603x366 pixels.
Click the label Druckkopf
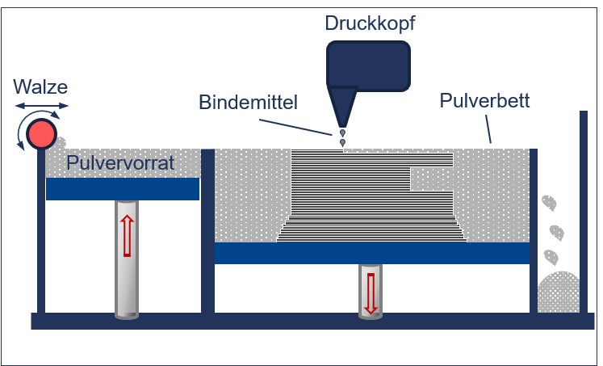pos(370,23)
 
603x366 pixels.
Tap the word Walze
pos(40,86)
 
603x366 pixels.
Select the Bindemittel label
pos(248,103)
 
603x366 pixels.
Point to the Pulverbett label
pos(484,101)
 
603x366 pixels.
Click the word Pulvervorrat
pos(120,162)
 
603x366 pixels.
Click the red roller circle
pos(41,134)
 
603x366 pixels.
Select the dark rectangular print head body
pos(368,65)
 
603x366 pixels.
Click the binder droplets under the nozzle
pos(342,138)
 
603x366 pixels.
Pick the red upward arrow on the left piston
pos(127,236)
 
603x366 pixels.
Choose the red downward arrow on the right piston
pos(371,293)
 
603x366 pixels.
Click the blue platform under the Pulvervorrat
pos(123,189)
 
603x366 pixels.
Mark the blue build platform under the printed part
pos(372,253)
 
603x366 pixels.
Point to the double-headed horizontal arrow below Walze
pos(42,106)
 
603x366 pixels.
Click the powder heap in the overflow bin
pos(559,292)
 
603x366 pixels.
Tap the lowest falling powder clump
pos(551,257)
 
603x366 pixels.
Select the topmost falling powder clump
pos(549,204)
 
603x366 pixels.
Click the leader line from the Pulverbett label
pos(488,129)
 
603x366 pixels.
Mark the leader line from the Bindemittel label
pos(295,128)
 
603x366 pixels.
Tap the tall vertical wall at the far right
pos(584,212)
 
